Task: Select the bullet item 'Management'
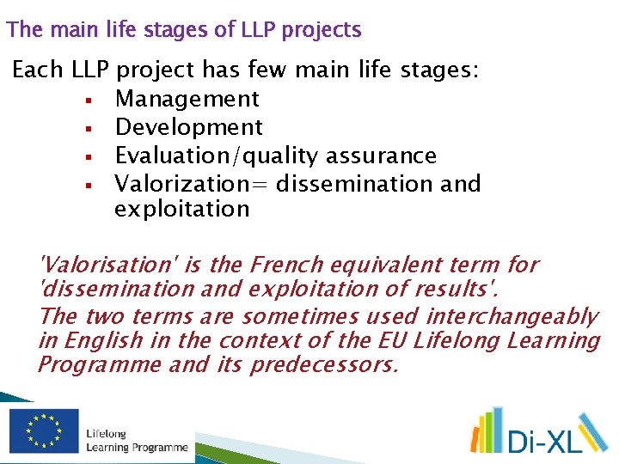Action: pyautogui.click(x=187, y=100)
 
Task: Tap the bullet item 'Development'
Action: pyautogui.click(x=189, y=127)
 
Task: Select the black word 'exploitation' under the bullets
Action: pyautogui.click(x=182, y=209)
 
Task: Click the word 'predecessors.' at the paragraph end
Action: pyautogui.click(x=324, y=364)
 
